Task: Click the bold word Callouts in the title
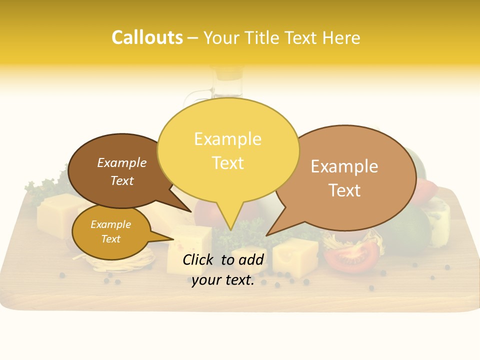147,37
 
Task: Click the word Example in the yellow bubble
227,139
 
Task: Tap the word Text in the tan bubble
344,190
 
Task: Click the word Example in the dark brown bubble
121,163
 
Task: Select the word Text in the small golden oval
110,239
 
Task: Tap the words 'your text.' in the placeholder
222,280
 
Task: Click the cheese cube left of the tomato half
295,255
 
